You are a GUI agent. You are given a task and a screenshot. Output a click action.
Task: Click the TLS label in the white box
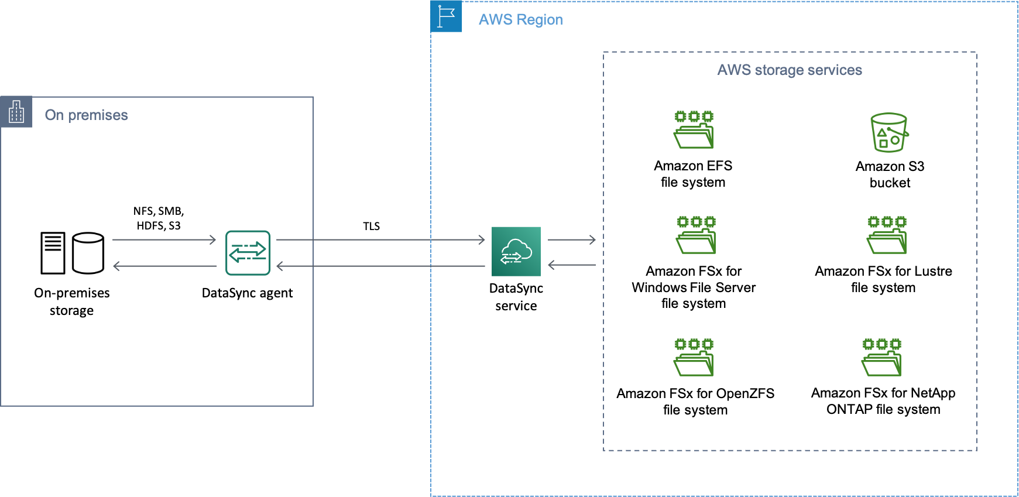pos(371,226)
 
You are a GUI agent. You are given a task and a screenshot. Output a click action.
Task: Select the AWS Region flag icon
pos(447,16)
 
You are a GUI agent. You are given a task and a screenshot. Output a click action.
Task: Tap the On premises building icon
pos(16,111)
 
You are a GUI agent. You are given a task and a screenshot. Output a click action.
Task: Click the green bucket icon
pos(889,132)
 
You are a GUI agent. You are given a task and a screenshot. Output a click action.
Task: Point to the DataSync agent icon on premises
pos(248,253)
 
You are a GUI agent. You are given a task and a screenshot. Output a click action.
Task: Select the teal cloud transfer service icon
pos(516,251)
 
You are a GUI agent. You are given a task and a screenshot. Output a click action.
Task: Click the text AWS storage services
pos(789,70)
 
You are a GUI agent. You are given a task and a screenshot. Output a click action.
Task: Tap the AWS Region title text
pos(520,20)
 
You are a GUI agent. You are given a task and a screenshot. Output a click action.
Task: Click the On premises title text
pos(86,115)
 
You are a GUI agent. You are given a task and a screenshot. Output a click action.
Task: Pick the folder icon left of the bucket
pos(694,129)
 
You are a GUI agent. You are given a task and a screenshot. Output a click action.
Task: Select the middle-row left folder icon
pos(696,235)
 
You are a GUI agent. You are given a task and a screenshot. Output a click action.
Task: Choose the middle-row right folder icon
pos(887,235)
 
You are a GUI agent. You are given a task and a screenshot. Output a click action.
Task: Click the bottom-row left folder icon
pos(694,357)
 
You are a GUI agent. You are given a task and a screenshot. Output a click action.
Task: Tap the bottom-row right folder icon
pos(881,357)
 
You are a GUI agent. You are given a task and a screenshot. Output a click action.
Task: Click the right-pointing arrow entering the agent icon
pos(164,239)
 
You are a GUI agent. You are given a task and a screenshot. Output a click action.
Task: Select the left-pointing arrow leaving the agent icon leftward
pos(164,266)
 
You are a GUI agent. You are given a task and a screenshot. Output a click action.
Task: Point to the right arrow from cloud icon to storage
pos(571,239)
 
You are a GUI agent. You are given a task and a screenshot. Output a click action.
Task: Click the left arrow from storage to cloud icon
pos(571,265)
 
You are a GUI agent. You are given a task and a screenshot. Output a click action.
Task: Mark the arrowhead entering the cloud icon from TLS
pos(481,239)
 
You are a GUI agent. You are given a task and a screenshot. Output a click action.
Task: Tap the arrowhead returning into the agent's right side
pos(280,266)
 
